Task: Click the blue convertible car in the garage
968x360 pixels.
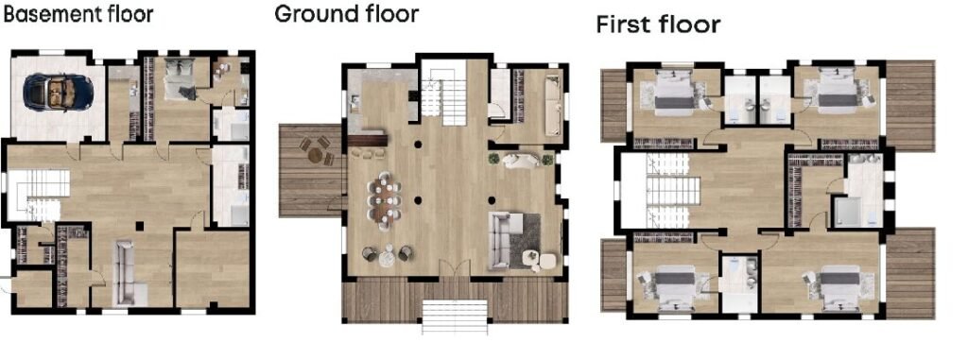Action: [58, 92]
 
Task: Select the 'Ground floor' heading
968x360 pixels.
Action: [346, 13]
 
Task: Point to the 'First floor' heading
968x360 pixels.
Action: [658, 25]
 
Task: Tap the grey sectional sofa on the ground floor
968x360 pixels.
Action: [513, 241]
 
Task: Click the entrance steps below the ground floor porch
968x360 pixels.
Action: [455, 317]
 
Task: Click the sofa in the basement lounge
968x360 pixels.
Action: [127, 272]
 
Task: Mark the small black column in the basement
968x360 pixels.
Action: [140, 226]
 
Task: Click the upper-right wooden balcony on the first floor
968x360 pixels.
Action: [910, 106]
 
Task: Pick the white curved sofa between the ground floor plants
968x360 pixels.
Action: [519, 162]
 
